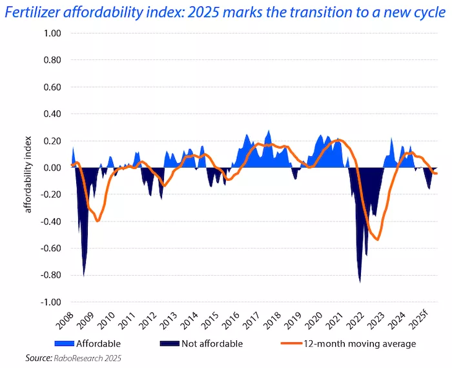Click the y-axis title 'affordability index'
tap(28, 168)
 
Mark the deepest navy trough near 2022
tap(360, 281)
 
